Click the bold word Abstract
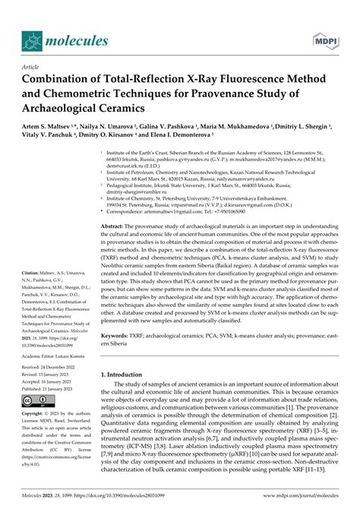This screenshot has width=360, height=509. pos(114,227)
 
